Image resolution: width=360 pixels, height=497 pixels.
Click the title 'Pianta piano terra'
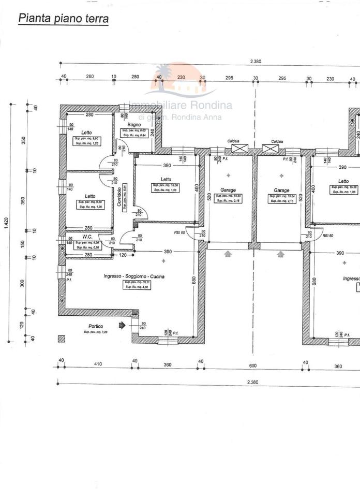[x=63, y=19]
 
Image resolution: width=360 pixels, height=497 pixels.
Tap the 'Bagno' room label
[x=134, y=125]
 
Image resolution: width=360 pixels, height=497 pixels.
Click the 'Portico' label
[x=96, y=326]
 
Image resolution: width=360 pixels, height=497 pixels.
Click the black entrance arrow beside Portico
[x=122, y=326]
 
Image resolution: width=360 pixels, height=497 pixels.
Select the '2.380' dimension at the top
[x=256, y=61]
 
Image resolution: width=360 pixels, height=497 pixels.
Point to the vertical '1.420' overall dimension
[x=7, y=223]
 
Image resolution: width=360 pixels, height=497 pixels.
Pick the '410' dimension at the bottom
[x=98, y=364]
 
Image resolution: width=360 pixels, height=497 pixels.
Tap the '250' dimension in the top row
[x=135, y=77]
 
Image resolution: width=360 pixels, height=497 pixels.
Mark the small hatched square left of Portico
[x=62, y=339]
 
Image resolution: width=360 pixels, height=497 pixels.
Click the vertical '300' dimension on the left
[x=23, y=283]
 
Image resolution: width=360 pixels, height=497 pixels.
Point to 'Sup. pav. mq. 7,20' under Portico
[x=95, y=331]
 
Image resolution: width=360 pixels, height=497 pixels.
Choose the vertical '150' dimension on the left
[x=23, y=243]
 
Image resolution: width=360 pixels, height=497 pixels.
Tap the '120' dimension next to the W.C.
[x=123, y=255]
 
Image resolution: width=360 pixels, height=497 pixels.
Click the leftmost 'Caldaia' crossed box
[x=239, y=149]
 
